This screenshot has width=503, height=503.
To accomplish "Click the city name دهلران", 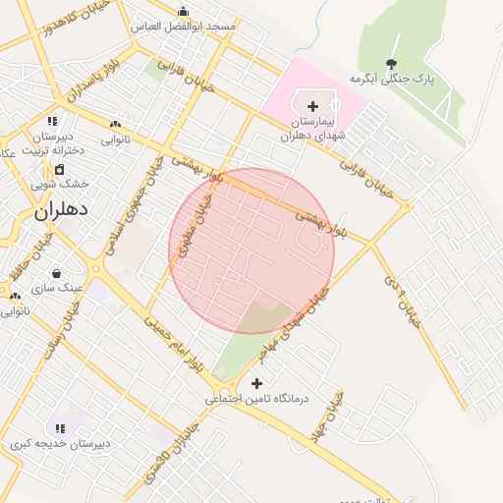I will pos(62,210).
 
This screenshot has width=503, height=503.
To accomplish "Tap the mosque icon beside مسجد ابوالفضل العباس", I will pos(183,13).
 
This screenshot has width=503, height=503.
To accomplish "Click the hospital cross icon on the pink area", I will pos(312,105).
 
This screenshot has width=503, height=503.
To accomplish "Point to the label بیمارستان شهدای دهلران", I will pos(313,129).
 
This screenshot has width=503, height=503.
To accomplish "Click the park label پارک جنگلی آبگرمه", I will pos(392,79).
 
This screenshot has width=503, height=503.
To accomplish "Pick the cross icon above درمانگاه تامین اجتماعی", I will pos(257,383).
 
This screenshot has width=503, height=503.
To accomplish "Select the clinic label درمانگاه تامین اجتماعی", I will pos(257,399).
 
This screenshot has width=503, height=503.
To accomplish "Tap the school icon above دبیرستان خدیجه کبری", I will pos(60,428).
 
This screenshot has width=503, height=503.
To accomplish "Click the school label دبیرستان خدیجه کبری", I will pos(60,444).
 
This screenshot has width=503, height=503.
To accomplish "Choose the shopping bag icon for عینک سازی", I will pos(56,273).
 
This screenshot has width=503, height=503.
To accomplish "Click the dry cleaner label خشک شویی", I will pos(59,184).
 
